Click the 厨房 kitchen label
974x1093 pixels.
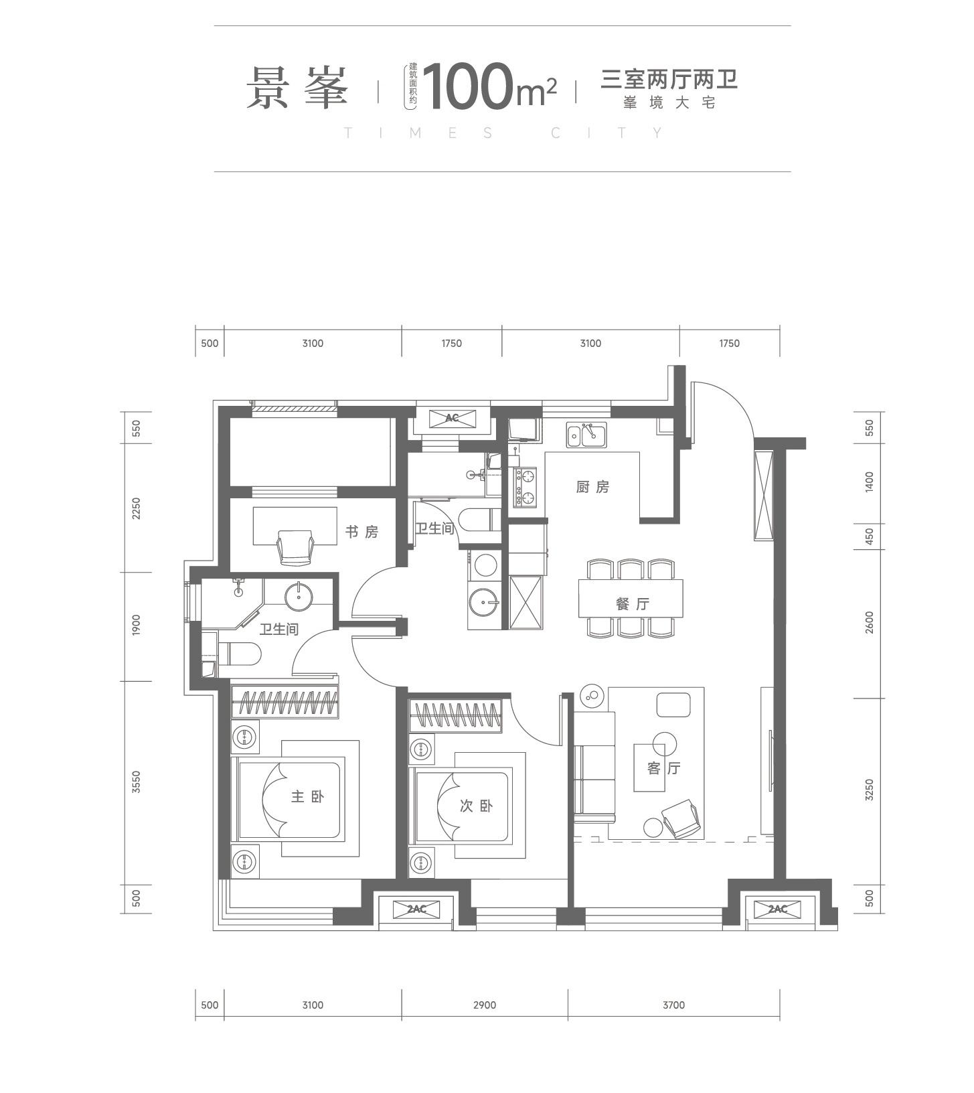point(592,487)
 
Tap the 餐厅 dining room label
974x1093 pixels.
point(633,603)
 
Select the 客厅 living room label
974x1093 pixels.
point(663,768)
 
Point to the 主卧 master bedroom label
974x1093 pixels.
point(307,796)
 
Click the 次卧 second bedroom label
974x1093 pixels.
point(476,806)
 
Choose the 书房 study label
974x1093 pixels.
point(361,532)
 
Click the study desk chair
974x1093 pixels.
point(295,546)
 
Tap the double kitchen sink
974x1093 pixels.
point(586,435)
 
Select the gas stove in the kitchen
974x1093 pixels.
point(525,487)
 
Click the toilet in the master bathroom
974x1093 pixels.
point(239,654)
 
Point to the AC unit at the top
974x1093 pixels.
point(452,418)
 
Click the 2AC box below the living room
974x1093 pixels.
point(777,909)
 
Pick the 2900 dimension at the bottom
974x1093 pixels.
point(484,1005)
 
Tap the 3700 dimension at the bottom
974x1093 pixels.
point(673,1005)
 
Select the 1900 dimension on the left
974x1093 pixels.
point(137,626)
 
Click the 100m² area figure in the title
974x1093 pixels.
point(489,86)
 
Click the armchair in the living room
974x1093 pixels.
point(681,818)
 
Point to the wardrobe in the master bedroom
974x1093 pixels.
point(285,701)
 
